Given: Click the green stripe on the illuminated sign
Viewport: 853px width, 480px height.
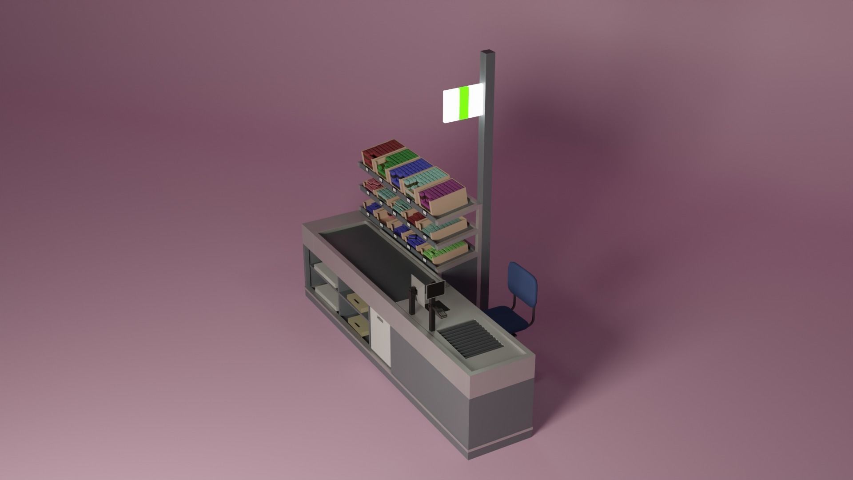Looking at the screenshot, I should click(x=464, y=103).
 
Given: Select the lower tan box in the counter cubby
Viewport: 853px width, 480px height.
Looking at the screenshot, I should click(x=359, y=327).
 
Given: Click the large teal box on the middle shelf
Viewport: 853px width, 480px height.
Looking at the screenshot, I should click(x=444, y=228).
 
